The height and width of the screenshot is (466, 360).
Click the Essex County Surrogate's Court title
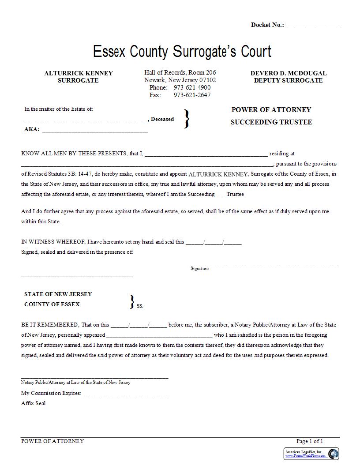point(182,52)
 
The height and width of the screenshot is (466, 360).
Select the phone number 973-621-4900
point(192,87)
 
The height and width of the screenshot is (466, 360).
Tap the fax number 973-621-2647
point(192,95)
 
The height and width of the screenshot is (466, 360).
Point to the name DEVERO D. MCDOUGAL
point(289,73)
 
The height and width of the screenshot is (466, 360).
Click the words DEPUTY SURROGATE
point(288,80)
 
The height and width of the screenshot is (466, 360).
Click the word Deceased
point(162,119)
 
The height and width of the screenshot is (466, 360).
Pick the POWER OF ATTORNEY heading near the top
point(271,110)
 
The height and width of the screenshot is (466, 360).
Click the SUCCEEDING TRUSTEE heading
point(271,122)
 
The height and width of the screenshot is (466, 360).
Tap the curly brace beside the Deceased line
point(187,119)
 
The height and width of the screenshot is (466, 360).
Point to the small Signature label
point(199,268)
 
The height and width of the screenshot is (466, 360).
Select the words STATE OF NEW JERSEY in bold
point(58,294)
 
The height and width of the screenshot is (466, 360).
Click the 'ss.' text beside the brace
point(140,305)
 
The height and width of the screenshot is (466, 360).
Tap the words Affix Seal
point(33,403)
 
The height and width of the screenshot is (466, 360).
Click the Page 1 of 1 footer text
point(310,441)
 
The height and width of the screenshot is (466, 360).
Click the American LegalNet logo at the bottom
point(311,454)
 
